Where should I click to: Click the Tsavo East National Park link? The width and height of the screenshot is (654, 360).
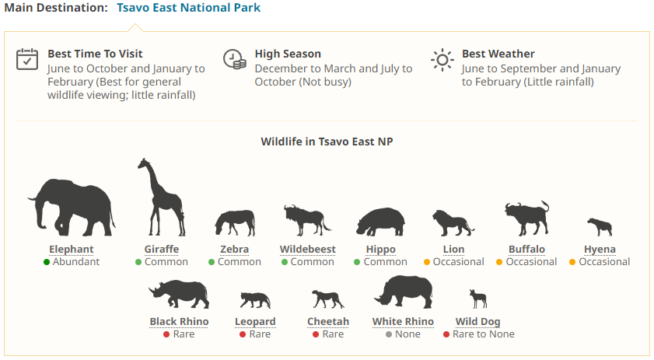(188, 8)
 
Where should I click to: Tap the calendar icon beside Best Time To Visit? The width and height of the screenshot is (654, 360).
(27, 59)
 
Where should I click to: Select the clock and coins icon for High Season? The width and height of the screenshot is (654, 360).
(235, 59)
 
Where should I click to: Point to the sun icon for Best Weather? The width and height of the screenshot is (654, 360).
(442, 60)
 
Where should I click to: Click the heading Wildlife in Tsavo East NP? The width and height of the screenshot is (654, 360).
(327, 142)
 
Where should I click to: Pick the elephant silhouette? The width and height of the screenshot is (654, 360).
(72, 208)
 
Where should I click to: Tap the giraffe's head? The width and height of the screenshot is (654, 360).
(144, 163)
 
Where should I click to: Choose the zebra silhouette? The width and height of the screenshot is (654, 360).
(236, 222)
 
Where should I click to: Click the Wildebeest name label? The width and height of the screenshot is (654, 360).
(308, 249)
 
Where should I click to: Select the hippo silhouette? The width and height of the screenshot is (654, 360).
(380, 222)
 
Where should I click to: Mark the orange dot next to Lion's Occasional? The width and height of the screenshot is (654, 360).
(427, 262)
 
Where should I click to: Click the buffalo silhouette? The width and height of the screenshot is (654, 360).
(526, 218)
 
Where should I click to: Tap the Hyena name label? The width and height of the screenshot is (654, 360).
(600, 249)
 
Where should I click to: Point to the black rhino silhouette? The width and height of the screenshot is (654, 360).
(180, 294)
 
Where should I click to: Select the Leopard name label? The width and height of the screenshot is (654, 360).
(255, 322)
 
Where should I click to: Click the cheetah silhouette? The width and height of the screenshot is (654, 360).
(328, 299)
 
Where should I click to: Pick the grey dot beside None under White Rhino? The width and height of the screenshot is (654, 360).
(389, 334)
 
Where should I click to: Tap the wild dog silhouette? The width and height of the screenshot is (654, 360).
(478, 299)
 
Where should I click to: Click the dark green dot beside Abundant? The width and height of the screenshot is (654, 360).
(47, 262)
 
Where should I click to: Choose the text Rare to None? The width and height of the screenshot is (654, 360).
(484, 334)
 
